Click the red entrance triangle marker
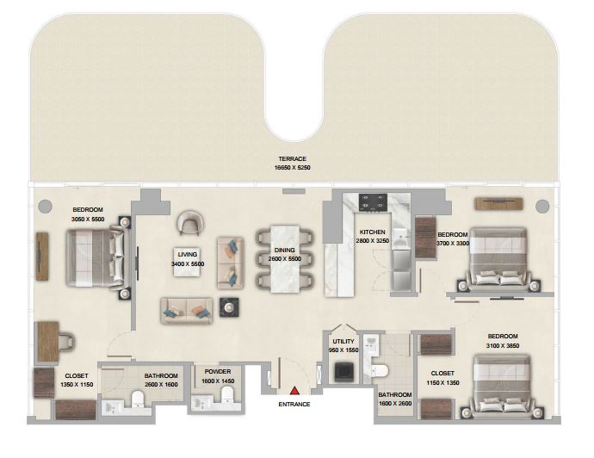(x=294, y=391)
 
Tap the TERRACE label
(x=293, y=158)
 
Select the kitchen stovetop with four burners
(x=373, y=202)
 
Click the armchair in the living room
(x=190, y=223)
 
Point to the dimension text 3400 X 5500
(x=188, y=264)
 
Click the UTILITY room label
(x=343, y=341)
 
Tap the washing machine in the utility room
(x=344, y=372)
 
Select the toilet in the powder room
(x=228, y=395)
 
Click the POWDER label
(x=218, y=372)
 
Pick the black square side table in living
(x=229, y=307)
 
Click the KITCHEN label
(x=373, y=232)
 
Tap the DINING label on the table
(x=284, y=250)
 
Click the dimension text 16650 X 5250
(x=293, y=167)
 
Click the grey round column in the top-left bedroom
(x=45, y=206)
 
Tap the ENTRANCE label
(x=294, y=405)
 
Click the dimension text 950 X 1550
(x=343, y=350)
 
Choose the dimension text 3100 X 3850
(x=503, y=345)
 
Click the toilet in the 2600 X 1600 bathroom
(x=137, y=399)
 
